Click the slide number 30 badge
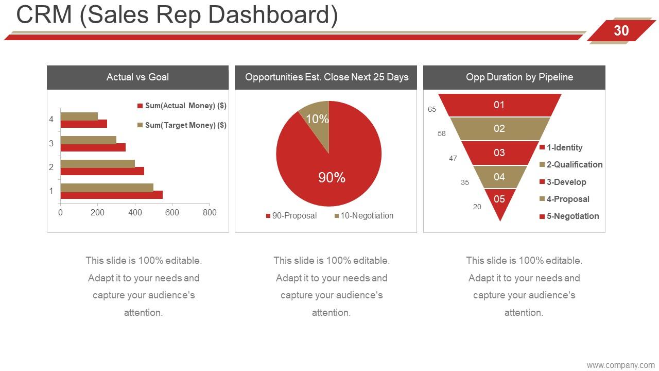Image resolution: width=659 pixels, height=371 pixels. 621,30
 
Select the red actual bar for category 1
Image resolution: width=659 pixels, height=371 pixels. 112,195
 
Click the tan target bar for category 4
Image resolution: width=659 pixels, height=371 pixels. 79,116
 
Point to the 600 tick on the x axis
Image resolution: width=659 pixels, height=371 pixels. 172,212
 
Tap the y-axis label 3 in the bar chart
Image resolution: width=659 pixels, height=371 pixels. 51,143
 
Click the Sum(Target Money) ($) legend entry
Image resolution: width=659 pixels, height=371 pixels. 182,125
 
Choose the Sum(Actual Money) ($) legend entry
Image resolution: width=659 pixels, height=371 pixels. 182,106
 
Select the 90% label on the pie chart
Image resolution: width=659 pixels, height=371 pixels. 332,178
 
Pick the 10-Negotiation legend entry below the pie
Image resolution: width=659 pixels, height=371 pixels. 364,216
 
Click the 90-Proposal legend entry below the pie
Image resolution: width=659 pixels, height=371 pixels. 291,216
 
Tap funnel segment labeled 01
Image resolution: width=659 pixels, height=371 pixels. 499,105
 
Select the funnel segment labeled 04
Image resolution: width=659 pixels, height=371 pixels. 499,177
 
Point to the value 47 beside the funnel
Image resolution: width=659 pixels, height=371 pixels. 453,158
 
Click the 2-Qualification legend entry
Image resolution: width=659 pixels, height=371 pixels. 571,164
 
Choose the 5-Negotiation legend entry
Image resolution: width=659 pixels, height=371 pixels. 569,216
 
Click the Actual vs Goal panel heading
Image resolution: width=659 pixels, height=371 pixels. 137,77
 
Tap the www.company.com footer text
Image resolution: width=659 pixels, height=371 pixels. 621,365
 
